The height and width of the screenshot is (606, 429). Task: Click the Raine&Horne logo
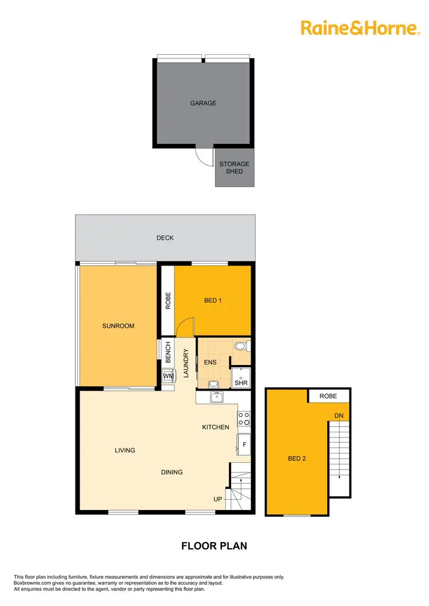coord(360,27)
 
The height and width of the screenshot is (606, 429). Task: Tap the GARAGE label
coord(203,103)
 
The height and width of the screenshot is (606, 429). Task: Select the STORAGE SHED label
coord(235,167)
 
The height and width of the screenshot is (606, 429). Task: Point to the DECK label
coord(165,238)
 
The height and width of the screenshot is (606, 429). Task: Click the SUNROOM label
coord(118,326)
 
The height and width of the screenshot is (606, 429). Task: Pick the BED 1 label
coord(213,300)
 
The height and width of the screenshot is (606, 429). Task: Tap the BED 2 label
coord(297,458)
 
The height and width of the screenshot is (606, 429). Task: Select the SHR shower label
coord(241,383)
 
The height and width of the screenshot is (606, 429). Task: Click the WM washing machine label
coord(168,377)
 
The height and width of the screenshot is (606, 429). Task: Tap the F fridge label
coord(244,444)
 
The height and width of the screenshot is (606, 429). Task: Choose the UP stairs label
coord(218,500)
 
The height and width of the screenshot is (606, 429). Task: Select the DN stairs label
coord(339,416)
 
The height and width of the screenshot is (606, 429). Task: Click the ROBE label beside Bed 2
coord(328,396)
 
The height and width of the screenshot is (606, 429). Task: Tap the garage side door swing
coord(203,155)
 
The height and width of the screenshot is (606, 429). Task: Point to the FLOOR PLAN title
coord(214,546)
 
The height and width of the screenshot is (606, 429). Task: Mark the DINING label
coord(172,472)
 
